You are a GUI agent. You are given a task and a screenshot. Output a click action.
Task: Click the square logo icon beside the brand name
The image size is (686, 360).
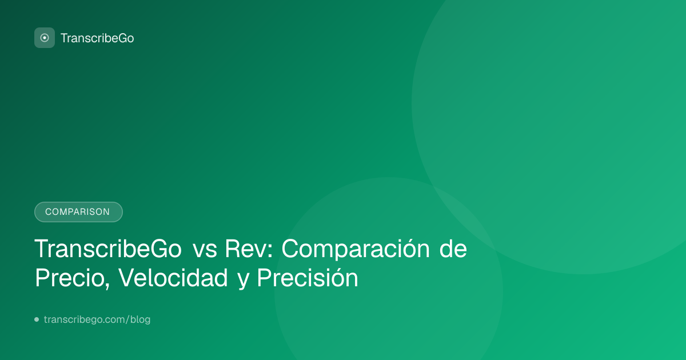coord(45,38)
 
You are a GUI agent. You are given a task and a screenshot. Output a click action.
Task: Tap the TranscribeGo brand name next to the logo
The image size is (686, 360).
coord(97,38)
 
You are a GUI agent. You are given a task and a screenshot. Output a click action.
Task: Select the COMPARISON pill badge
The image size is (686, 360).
coord(78,212)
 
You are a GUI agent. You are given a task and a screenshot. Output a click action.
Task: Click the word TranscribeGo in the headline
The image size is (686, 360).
coord(108,249)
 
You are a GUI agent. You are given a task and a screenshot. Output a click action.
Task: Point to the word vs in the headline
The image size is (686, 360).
coord(205,251)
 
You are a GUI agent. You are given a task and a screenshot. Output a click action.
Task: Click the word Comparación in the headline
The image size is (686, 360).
coord(356,249)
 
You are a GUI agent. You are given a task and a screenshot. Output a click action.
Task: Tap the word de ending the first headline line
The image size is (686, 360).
coord(453,249)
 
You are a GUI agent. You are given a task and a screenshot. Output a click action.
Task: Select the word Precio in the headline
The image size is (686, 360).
coord(70,278)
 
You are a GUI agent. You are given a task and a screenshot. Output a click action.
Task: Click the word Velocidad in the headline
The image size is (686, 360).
coord(173,278)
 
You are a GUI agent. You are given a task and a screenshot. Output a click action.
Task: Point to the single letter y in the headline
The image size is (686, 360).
coord(243,281)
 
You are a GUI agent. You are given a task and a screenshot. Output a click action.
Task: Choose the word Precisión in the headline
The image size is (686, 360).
coord(308,277)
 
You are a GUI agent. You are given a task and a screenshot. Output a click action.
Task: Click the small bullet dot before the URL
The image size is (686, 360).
coord(37,319)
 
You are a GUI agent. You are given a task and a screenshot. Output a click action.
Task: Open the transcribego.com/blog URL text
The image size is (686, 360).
coord(97,319)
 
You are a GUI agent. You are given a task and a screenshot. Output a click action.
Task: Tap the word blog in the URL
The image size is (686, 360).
coord(140,319)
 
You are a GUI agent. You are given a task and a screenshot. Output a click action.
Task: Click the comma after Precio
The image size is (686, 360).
coord(107,286)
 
